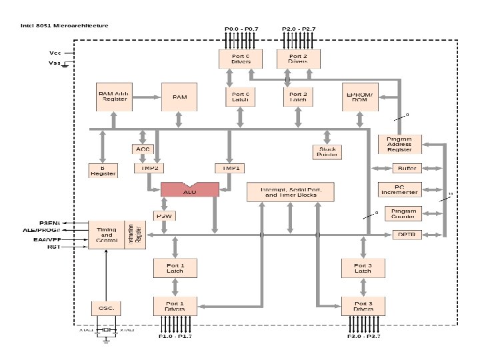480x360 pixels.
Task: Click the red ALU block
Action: point(189,190)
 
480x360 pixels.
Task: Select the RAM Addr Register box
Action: point(113,97)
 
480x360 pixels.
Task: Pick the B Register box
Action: point(103,171)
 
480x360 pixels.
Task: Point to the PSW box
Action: point(165,216)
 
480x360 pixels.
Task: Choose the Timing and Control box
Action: point(107,235)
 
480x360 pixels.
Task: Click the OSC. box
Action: point(106,308)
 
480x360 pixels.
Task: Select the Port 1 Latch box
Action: point(174,268)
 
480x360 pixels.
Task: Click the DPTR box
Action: point(405,235)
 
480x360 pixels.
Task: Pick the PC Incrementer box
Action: point(399,190)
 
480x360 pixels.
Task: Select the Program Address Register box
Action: point(399,145)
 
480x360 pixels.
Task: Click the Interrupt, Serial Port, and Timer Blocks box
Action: point(289,192)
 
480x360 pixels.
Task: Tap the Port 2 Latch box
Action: point(297,97)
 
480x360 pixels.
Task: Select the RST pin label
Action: point(54,247)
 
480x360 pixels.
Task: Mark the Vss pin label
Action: point(55,63)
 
